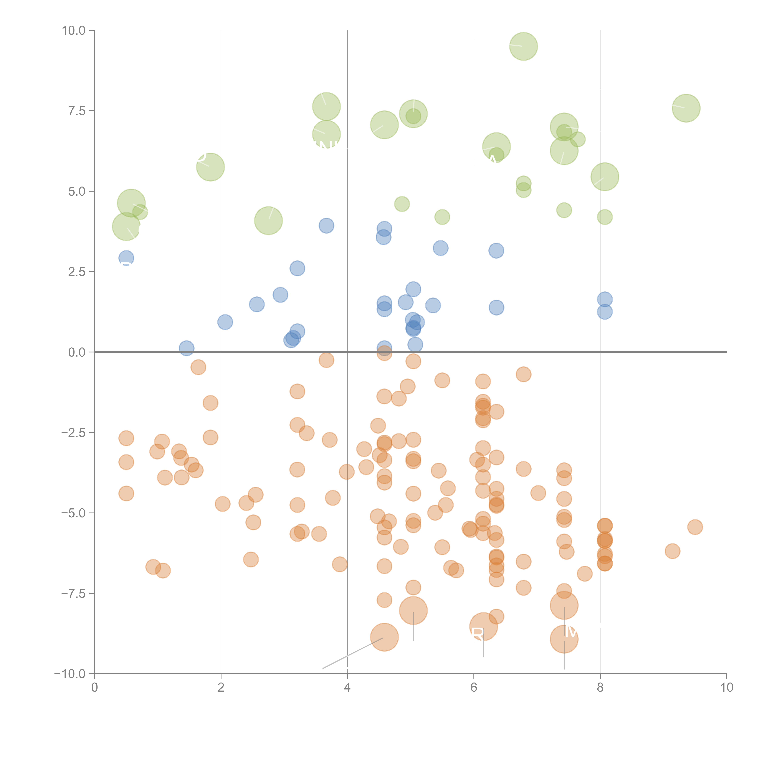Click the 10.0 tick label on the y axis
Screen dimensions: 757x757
point(74,31)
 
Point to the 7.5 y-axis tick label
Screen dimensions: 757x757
point(77,111)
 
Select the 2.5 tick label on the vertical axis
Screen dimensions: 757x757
point(77,272)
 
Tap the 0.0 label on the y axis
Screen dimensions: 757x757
point(77,352)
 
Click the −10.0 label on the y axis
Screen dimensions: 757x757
point(71,674)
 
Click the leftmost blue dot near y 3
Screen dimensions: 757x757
point(126,258)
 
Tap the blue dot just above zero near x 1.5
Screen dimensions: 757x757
point(187,348)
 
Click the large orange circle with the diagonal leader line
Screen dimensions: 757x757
point(384,638)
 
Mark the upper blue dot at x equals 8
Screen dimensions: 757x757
point(605,299)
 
